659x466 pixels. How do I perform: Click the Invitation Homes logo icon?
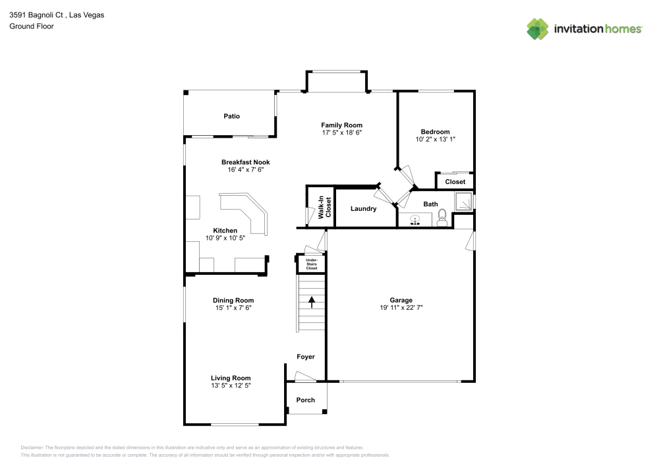[538, 28]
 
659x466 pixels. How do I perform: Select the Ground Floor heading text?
[32, 26]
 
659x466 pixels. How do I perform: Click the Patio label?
[231, 116]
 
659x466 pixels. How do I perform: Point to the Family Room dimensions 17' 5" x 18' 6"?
[341, 132]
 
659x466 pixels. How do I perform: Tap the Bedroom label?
[435, 132]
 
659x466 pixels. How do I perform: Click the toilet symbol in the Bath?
[442, 217]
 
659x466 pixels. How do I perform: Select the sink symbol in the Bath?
[416, 219]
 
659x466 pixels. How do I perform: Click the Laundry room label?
[363, 209]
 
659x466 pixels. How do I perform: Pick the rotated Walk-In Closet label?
[323, 208]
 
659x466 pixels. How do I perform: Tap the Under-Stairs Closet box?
[310, 264]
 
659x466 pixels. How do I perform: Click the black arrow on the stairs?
[310, 302]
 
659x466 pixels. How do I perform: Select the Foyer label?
[306, 357]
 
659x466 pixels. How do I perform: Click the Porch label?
[306, 400]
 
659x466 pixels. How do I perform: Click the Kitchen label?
[225, 231]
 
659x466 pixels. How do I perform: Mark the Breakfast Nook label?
[245, 162]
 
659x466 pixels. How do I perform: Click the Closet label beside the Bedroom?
[455, 182]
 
